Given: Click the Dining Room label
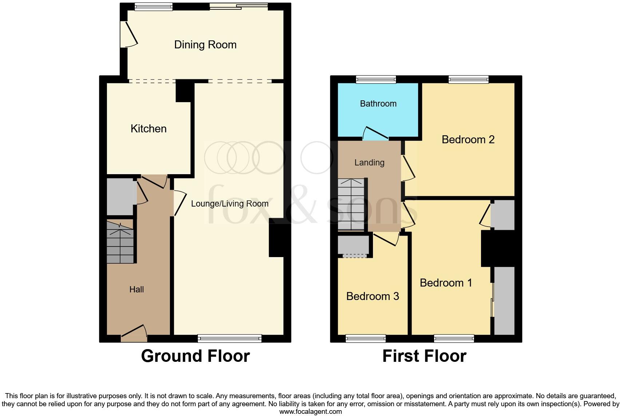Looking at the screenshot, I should pos(205,45).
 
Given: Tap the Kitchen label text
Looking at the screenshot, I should pos(148,129).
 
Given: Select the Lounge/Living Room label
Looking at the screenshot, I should pos(230,204).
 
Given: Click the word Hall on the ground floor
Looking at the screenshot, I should pos(136,289).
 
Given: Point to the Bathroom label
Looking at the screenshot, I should pos(378,104).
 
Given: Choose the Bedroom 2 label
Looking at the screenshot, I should pos(468,140).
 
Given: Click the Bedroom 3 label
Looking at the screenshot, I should pos(373,296).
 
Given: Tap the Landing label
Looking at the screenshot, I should pos(369,163).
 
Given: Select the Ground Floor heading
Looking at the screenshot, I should pos(195,356).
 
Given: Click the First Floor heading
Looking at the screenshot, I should pos(424,356).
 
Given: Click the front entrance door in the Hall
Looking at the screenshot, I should pos(134,333).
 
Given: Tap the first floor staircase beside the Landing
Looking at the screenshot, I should pos(351,204).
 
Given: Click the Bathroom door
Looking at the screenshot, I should pos(376,133).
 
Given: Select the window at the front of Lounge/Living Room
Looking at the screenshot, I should pos(230,339).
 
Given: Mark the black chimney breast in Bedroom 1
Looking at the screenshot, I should pos(498,249).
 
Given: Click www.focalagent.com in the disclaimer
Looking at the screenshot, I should pos(310,412).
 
